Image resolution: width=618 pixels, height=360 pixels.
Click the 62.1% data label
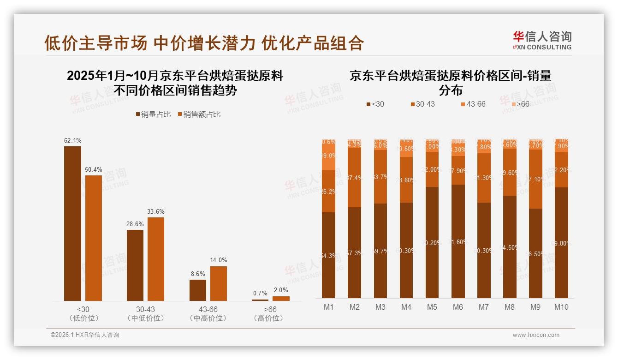click(x=72, y=140)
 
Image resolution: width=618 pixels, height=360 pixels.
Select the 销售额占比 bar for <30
click(x=94, y=238)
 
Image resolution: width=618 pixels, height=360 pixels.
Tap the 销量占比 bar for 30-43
click(x=135, y=265)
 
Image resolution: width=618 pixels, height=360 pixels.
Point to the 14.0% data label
click(x=219, y=260)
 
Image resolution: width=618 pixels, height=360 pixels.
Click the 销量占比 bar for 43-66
click(x=198, y=290)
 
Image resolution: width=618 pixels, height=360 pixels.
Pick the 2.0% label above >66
click(x=281, y=290)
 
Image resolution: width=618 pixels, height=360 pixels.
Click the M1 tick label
click(x=329, y=307)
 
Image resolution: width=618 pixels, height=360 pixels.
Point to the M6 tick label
click(x=458, y=307)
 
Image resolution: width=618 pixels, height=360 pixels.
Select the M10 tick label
click(x=561, y=307)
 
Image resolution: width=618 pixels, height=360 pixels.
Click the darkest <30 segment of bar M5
click(x=432, y=242)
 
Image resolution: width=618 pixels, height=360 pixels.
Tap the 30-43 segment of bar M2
click(x=355, y=177)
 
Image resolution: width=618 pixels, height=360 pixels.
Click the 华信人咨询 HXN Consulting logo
click(x=542, y=41)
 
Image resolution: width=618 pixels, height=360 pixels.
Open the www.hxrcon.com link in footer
click(x=536, y=335)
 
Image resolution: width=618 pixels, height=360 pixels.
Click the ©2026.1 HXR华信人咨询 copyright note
click(x=85, y=335)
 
